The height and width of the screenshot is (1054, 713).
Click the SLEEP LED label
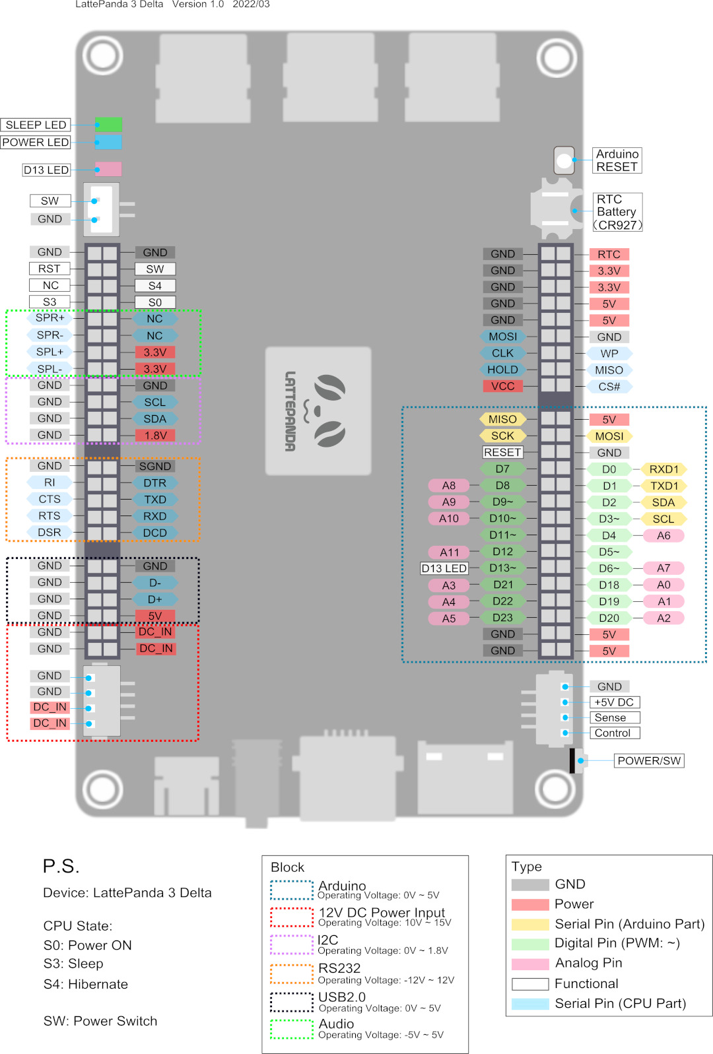tap(35, 125)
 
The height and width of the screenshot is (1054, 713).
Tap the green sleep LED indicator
tap(108, 124)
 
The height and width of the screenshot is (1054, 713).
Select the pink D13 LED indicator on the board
tap(108, 169)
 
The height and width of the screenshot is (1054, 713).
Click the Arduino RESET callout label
tap(617, 160)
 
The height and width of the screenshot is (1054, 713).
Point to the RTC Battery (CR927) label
tap(617, 212)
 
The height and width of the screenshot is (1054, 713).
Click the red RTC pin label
tap(609, 255)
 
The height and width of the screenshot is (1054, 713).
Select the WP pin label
tap(609, 353)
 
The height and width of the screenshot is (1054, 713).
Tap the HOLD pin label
tap(502, 370)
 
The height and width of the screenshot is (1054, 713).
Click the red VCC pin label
tap(502, 386)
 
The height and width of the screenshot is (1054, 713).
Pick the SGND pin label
tap(155, 467)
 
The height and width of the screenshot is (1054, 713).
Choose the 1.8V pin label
tap(155, 435)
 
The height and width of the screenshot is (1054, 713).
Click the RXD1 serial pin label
tap(663, 469)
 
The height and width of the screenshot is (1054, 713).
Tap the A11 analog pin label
tap(449, 552)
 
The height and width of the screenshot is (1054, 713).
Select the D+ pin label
tap(155, 599)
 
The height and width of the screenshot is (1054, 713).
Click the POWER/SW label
tap(649, 760)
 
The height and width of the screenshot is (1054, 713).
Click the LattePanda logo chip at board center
tap(318, 411)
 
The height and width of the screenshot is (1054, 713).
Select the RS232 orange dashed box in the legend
tap(292, 974)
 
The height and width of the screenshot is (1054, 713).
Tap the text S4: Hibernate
tap(86, 984)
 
